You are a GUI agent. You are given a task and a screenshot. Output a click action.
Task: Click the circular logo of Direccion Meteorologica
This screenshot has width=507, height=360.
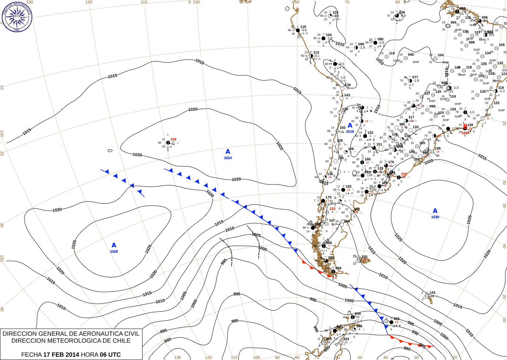pos(17,16)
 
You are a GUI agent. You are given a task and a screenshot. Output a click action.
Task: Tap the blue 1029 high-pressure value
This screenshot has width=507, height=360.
pos(114,252)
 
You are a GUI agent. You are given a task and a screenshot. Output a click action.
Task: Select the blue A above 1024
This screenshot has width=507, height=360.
pos(228,151)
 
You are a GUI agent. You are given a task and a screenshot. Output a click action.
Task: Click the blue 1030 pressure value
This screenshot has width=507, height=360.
pos(435,217)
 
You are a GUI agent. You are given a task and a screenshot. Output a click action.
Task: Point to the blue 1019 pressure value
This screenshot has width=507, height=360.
pos(350,132)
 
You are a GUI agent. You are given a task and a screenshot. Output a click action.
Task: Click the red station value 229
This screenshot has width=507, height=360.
pos(173,139)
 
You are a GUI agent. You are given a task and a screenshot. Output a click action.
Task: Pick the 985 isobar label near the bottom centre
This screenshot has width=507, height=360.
pos(235,321)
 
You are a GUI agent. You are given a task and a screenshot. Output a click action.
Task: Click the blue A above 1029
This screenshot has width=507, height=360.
pos(114,245)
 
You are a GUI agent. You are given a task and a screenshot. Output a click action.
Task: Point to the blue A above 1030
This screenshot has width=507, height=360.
pos(435,211)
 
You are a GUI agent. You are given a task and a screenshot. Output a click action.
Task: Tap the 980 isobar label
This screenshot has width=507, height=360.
pos(407,349)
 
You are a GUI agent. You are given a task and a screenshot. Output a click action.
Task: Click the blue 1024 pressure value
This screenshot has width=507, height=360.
pos(228,158)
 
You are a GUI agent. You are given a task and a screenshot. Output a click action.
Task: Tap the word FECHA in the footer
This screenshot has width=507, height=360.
pos(31,355)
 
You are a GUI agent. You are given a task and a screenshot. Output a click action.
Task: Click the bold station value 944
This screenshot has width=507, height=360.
pos(357,314)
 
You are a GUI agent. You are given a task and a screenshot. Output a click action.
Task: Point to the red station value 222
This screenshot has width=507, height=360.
pos(332,209)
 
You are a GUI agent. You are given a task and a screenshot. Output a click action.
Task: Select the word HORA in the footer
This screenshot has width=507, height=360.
pos(90,355)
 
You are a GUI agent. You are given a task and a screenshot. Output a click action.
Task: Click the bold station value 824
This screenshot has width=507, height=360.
pos(346,339)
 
